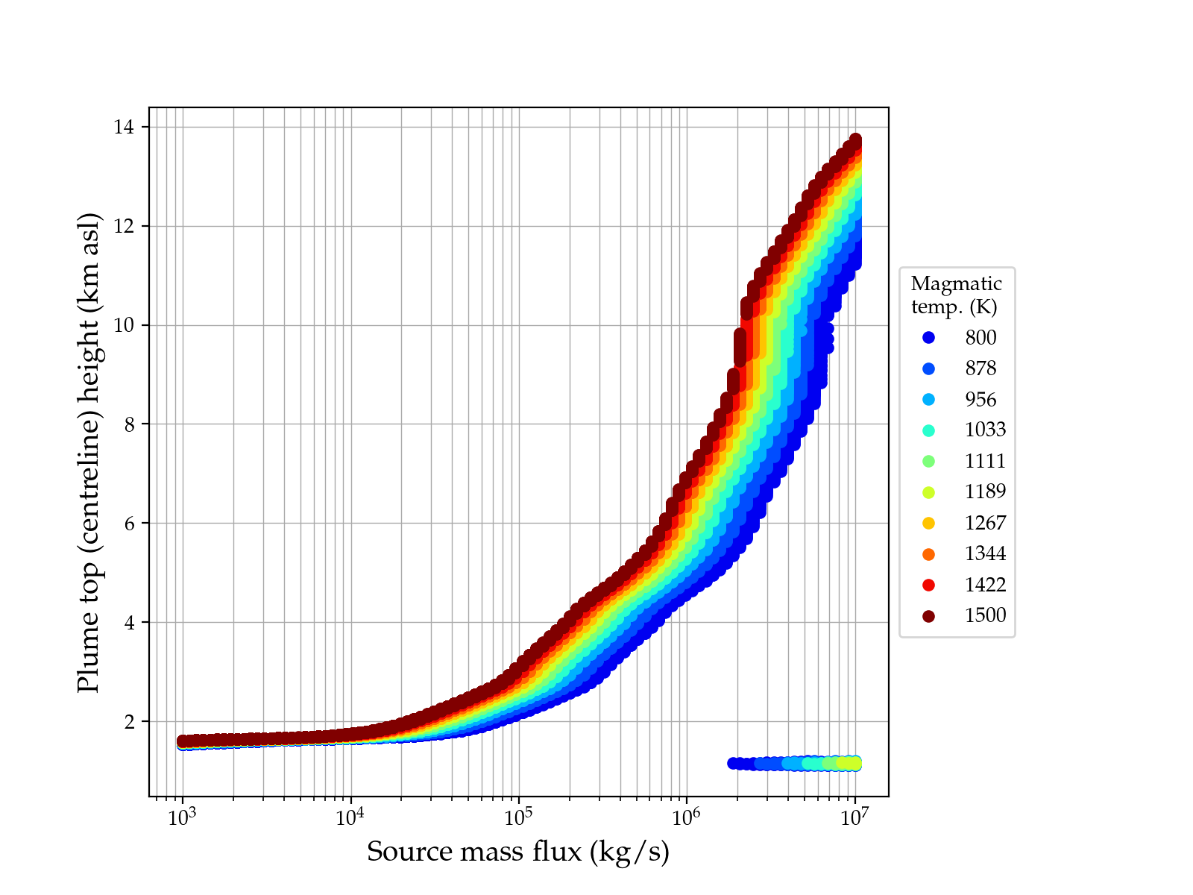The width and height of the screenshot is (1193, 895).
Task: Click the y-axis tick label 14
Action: [x=124, y=128]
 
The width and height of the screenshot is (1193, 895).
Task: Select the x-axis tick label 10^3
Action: [x=182, y=817]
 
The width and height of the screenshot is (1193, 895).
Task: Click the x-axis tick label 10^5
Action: [x=518, y=817]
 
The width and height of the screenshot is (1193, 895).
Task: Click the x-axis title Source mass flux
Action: [x=518, y=852]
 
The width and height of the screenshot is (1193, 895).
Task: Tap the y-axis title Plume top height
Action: [x=89, y=452]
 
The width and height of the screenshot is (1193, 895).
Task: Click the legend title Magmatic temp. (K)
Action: [x=957, y=295]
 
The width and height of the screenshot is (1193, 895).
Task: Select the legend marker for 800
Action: [x=928, y=338]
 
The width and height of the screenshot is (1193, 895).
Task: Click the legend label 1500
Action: [x=985, y=615]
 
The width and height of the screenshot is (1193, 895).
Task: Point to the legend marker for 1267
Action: [x=928, y=523]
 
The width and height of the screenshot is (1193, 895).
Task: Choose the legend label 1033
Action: [x=985, y=430]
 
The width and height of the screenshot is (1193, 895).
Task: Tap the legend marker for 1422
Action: [x=928, y=585]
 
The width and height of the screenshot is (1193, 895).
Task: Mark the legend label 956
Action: [x=980, y=400]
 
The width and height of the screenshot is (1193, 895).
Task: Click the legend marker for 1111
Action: [x=928, y=461]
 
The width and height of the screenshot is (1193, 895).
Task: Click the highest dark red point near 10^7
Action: [x=855, y=139]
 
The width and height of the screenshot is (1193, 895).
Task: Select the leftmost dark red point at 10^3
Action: [x=183, y=741]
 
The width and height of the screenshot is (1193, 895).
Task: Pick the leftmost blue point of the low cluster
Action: [x=733, y=763]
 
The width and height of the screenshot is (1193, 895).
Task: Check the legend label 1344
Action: [x=985, y=553]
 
